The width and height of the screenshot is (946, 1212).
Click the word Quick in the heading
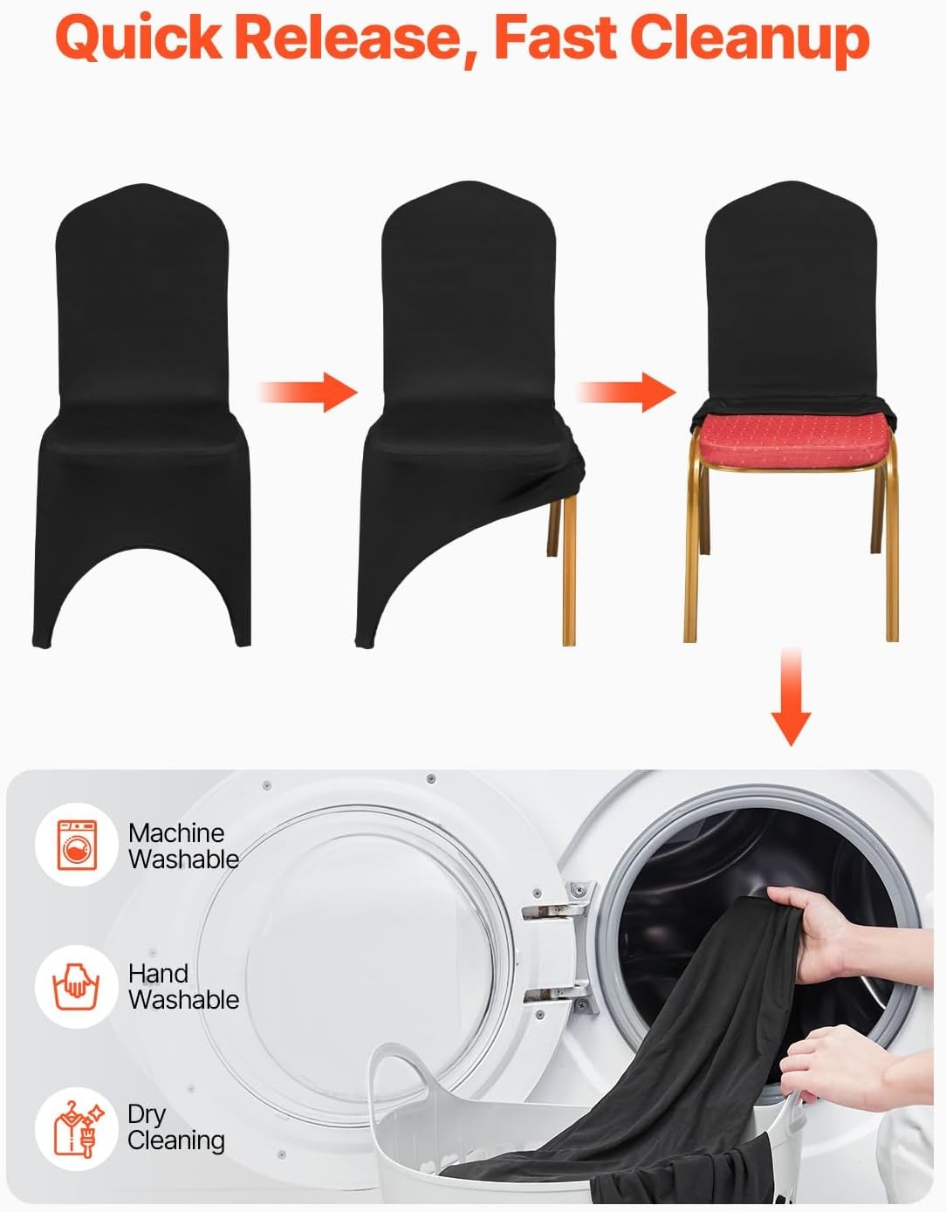click(x=139, y=38)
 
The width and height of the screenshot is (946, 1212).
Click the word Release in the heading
click(x=357, y=37)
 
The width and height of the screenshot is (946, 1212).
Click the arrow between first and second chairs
click(x=308, y=392)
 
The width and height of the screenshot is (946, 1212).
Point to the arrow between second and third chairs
click(x=627, y=392)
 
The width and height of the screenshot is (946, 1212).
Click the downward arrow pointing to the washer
click(x=791, y=696)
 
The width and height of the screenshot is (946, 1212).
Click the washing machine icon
click(x=77, y=845)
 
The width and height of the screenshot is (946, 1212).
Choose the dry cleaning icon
click(x=77, y=1129)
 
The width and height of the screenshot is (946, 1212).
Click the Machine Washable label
click(x=183, y=846)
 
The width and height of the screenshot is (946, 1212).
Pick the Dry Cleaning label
click(x=175, y=1128)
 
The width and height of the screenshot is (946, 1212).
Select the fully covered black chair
click(x=142, y=415)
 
